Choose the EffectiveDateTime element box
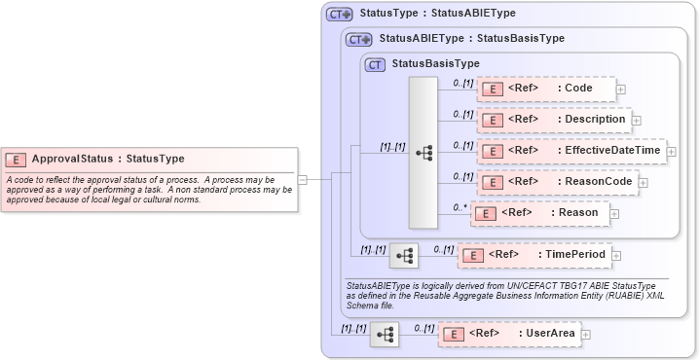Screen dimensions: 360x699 (x=570, y=151)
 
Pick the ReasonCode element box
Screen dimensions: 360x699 (x=556, y=182)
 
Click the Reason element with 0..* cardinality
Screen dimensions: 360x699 (x=539, y=213)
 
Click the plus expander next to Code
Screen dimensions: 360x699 (x=621, y=90)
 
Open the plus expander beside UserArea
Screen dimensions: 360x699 (x=586, y=335)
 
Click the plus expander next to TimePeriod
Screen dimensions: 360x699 (x=617, y=256)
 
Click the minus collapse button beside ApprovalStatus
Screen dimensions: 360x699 (x=303, y=179)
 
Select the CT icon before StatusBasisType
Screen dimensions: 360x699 (x=375, y=64)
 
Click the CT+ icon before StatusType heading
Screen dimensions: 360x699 (x=339, y=15)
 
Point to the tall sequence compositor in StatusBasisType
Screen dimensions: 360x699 (x=423, y=153)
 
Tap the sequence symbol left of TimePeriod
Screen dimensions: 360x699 (x=403, y=256)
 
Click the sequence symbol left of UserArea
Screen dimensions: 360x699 (x=385, y=335)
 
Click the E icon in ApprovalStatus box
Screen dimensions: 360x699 (x=17, y=160)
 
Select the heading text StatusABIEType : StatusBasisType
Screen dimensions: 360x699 (x=470, y=39)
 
